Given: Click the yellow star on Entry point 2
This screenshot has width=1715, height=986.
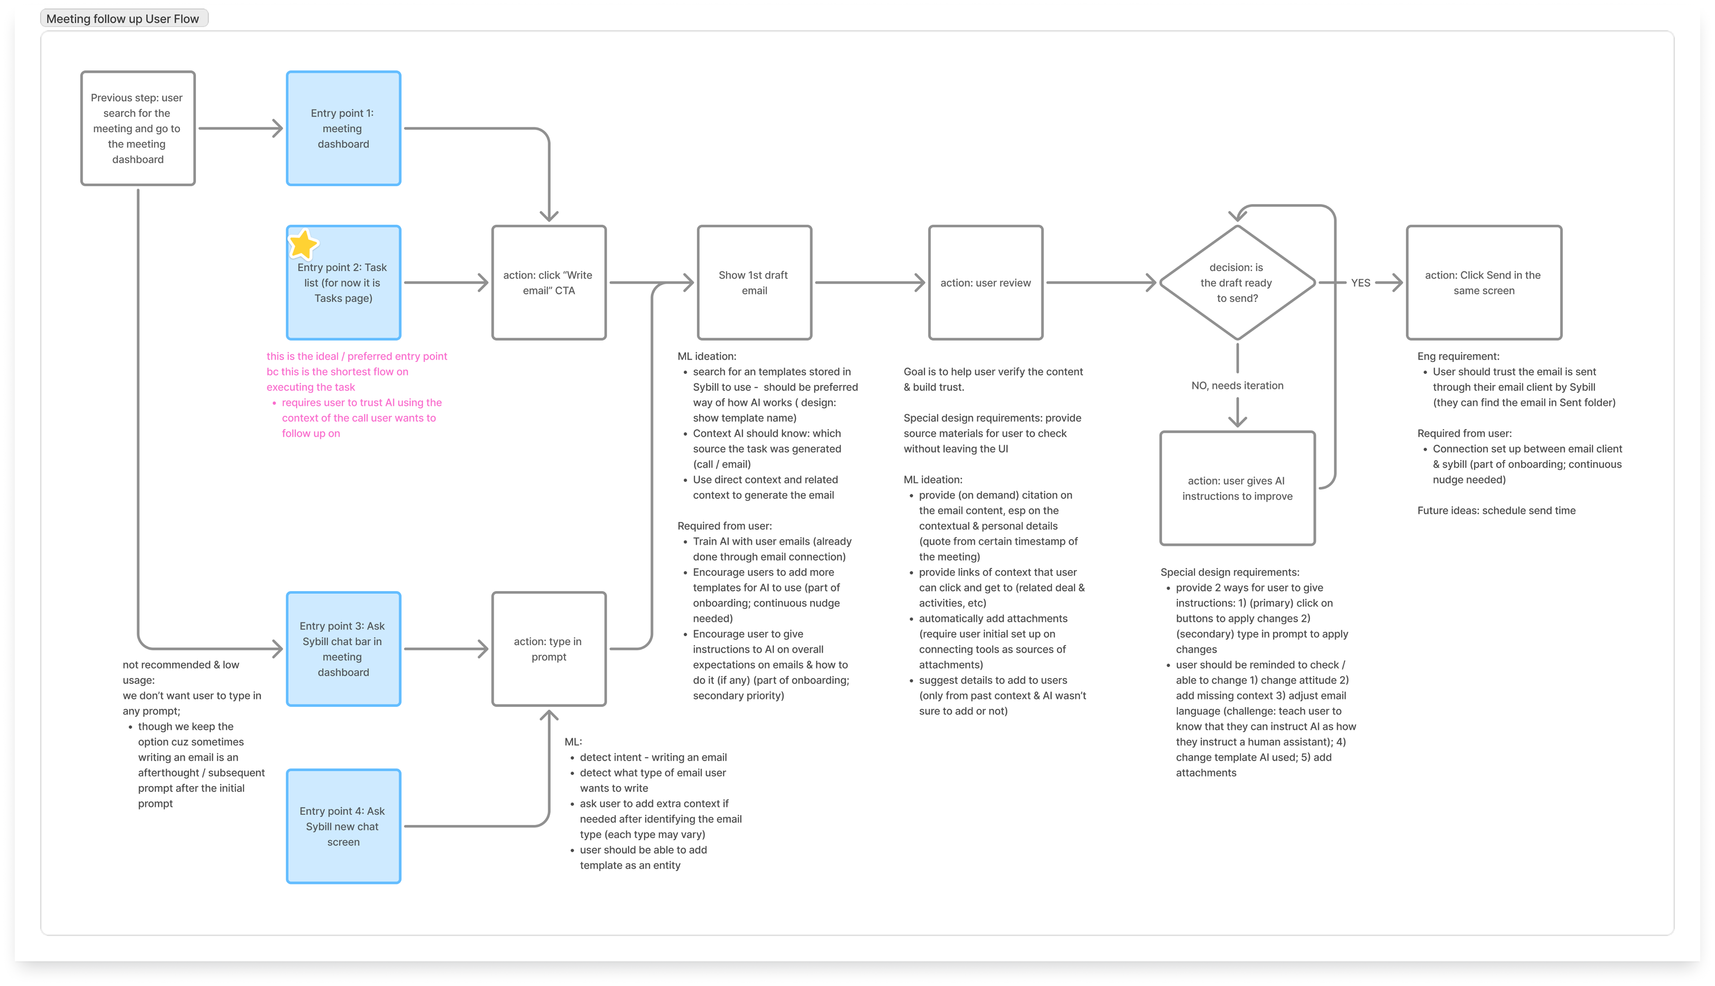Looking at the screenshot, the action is [303, 245].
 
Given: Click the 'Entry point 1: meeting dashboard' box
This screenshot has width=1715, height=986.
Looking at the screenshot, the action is [343, 128].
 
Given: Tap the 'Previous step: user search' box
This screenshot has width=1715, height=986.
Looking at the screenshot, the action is [138, 128].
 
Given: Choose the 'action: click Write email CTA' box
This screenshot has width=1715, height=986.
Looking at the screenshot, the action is [549, 282].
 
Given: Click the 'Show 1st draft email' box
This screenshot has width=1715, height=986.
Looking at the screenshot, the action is [755, 282].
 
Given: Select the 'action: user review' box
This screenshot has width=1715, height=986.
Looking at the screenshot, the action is [985, 282].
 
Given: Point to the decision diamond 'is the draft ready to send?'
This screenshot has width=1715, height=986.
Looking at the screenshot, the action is [1237, 282].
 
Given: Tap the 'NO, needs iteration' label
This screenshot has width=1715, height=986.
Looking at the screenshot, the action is [1237, 385].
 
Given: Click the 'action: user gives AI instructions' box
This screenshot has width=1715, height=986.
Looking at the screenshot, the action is [1237, 488].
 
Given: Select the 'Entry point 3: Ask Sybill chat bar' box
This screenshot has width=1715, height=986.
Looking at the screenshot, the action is [343, 649].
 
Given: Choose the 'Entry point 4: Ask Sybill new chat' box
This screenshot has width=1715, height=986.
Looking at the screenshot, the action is [343, 826].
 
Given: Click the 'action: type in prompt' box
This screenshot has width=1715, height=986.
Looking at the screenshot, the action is [549, 649].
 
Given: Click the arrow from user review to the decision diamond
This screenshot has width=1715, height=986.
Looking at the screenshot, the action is [1101, 282].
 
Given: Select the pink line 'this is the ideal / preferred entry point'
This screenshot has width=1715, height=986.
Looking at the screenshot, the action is [357, 356].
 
